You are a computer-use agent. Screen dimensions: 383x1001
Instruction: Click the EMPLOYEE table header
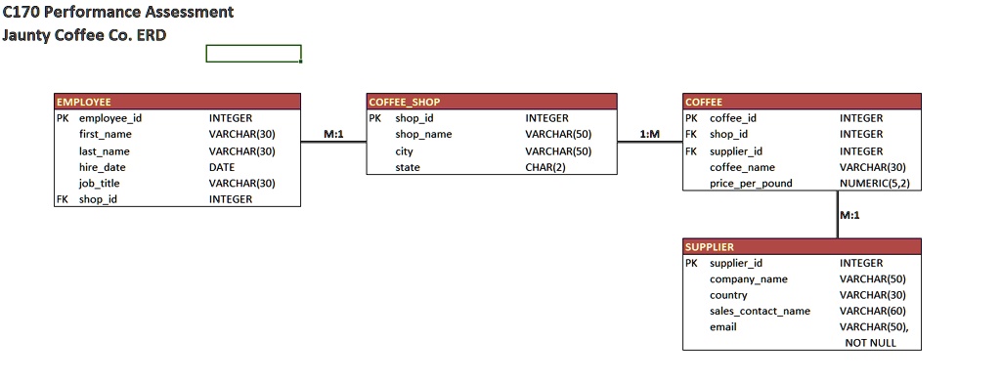point(178,102)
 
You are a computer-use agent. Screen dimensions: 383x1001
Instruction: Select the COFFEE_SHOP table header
point(491,102)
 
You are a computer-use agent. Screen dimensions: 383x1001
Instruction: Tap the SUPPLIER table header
point(802,246)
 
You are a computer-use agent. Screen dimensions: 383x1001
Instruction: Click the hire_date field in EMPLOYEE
point(102,167)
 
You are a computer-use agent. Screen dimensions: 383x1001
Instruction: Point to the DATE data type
point(222,167)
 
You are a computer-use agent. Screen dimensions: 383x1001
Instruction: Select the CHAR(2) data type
point(545,167)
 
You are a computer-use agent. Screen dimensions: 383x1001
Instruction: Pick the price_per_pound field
point(750,183)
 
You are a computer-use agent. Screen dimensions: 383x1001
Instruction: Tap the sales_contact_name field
point(760,311)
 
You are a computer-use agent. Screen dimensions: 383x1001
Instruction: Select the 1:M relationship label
point(648,133)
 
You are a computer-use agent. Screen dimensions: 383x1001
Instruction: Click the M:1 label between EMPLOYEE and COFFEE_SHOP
point(333,133)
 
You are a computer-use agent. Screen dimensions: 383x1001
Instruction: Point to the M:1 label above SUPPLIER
point(849,215)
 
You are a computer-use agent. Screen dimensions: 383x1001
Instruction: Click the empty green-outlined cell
point(253,53)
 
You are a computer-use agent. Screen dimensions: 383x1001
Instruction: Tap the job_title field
point(99,183)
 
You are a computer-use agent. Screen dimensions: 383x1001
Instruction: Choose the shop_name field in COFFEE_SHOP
point(423,134)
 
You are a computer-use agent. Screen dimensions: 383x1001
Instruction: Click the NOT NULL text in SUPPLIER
point(870,343)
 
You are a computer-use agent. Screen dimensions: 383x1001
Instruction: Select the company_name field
point(748,278)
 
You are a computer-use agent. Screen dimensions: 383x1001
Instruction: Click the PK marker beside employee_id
point(63,118)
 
